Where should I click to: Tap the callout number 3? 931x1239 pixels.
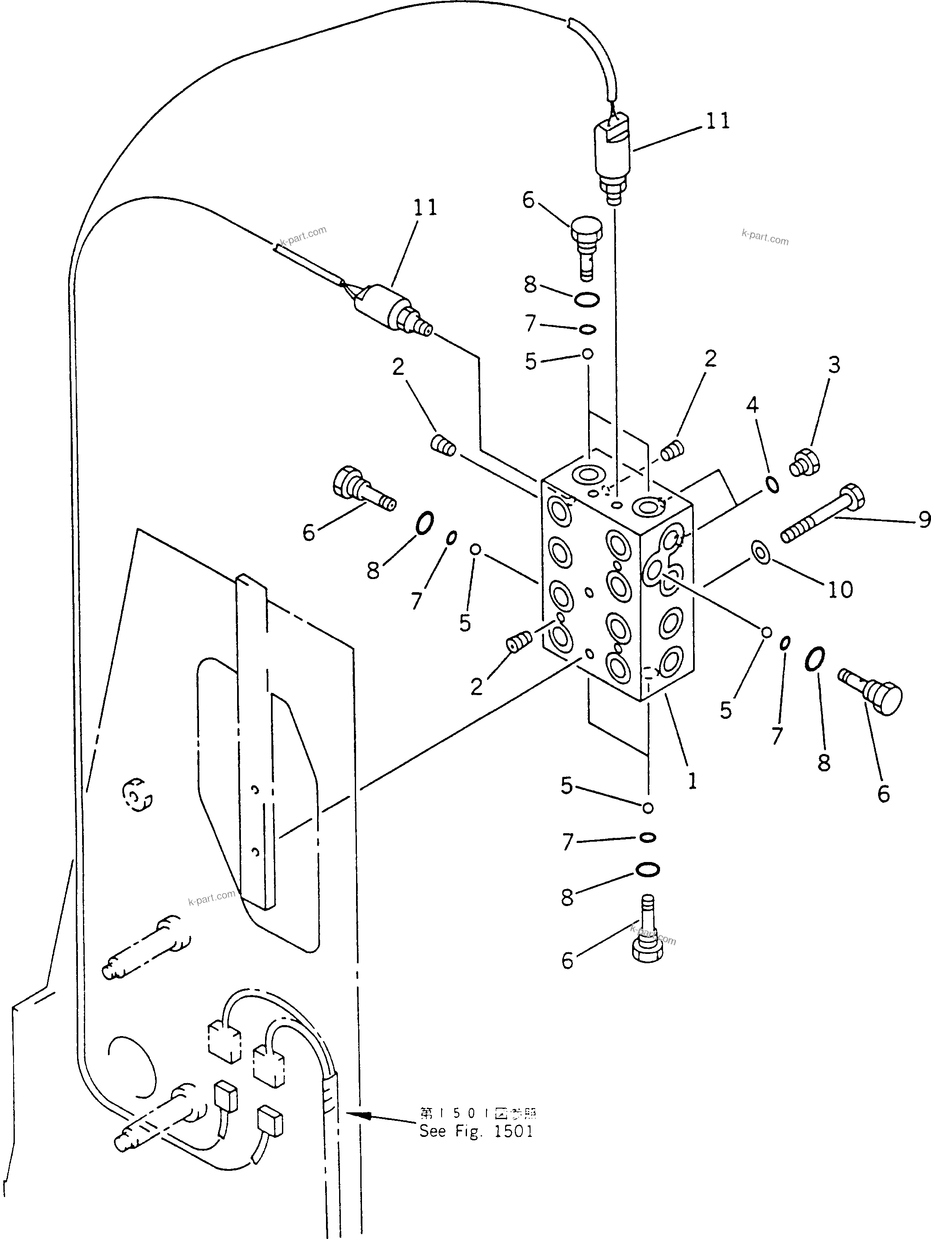[x=834, y=365]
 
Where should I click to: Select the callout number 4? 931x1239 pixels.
[x=752, y=405]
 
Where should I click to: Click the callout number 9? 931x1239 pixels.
[x=924, y=520]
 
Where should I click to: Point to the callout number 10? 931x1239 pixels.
[x=840, y=589]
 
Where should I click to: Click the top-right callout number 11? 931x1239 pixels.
[x=718, y=121]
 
